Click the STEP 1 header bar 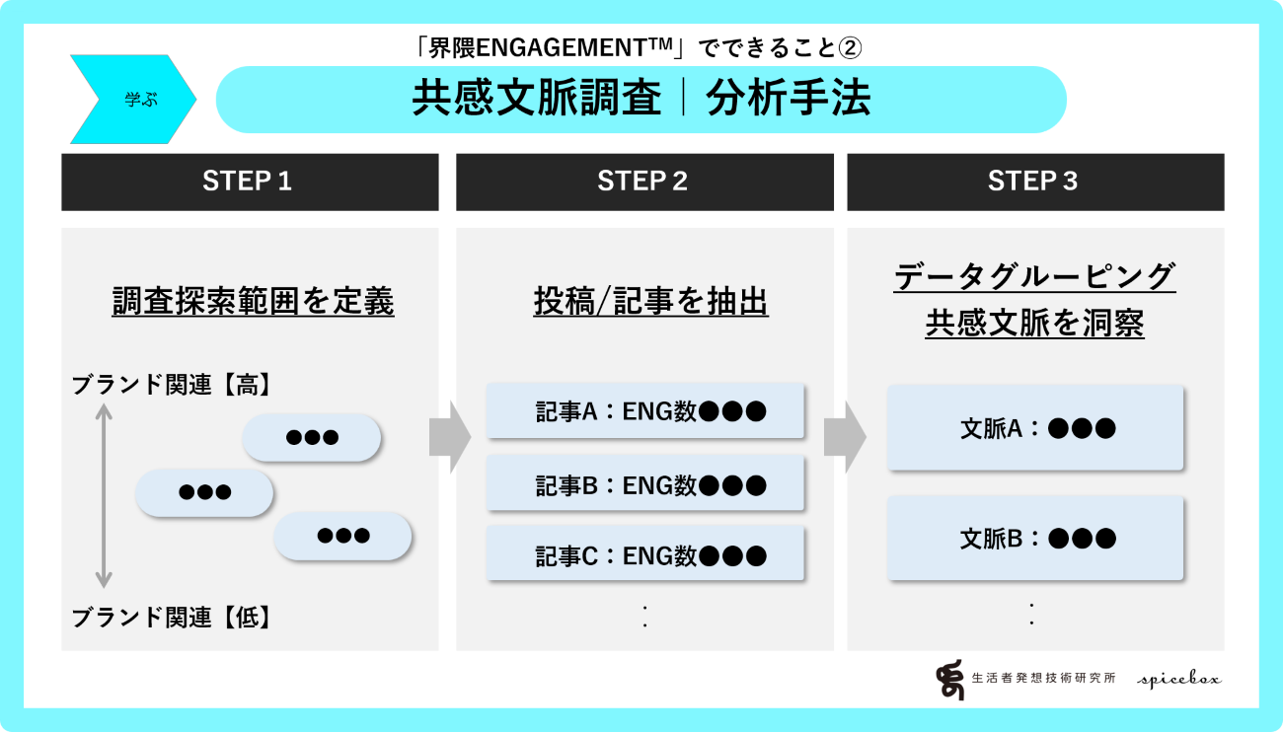[x=250, y=182]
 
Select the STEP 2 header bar [x=643, y=182]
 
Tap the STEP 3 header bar [x=1034, y=182]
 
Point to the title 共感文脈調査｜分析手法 [x=641, y=100]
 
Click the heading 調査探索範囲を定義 [x=253, y=301]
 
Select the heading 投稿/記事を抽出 [x=650, y=301]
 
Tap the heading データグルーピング [x=1034, y=276]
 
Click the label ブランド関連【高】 [x=171, y=386]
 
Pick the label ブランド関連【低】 [x=171, y=618]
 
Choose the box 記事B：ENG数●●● [x=646, y=484]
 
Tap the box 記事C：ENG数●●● [x=646, y=556]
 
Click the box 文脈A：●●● [x=1035, y=428]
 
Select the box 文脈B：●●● [x=1035, y=539]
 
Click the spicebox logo [x=1178, y=679]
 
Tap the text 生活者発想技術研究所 [x=1043, y=679]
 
